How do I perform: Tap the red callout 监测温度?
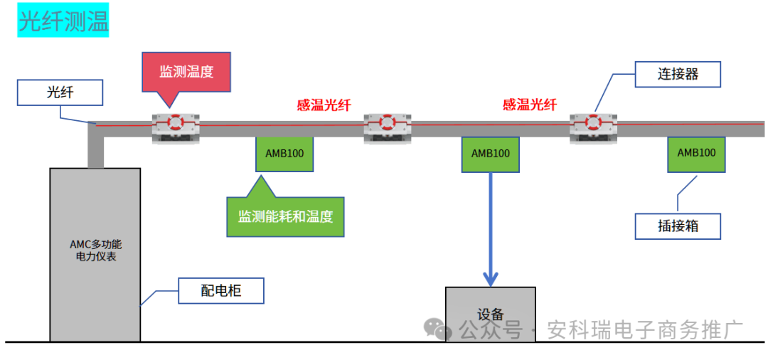coord(186,71)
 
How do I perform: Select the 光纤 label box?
coord(60,93)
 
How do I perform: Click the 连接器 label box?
coord(677,74)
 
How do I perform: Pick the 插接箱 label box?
coord(677,226)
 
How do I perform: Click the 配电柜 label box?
coord(220,291)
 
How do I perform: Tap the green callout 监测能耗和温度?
coord(285,216)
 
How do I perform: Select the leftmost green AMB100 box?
coord(284,154)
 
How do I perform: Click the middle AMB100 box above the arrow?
coord(490,154)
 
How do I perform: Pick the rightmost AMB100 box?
coord(696,154)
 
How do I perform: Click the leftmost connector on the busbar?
coord(176,126)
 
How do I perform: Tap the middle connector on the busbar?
coord(387,127)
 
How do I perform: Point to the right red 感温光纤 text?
coord(530,105)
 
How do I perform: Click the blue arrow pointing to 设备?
coord(490,228)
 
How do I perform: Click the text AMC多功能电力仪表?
coord(95,250)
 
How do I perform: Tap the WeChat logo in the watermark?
coord(437,328)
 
